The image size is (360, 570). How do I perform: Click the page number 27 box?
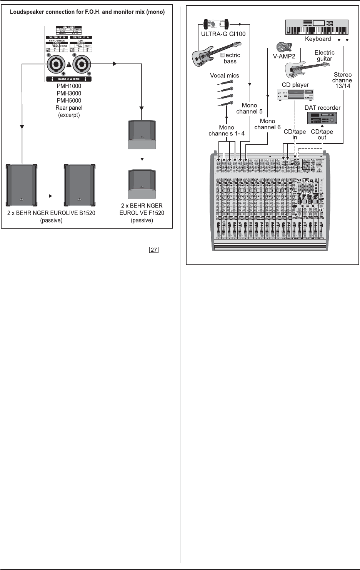click(154, 250)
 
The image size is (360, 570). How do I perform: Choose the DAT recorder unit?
click(322, 118)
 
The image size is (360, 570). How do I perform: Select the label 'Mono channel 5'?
click(249, 108)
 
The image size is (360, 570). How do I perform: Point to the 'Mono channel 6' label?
click(267, 124)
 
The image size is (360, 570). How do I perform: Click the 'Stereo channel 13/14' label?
click(343, 80)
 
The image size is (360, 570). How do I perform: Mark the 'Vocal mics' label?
click(224, 75)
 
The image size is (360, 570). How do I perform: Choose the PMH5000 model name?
click(69, 100)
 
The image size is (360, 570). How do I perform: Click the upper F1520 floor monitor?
click(142, 134)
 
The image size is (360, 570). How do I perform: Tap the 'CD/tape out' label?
click(322, 134)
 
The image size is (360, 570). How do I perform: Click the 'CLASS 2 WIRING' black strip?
click(69, 79)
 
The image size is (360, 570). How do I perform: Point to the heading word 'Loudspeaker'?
click(28, 12)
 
